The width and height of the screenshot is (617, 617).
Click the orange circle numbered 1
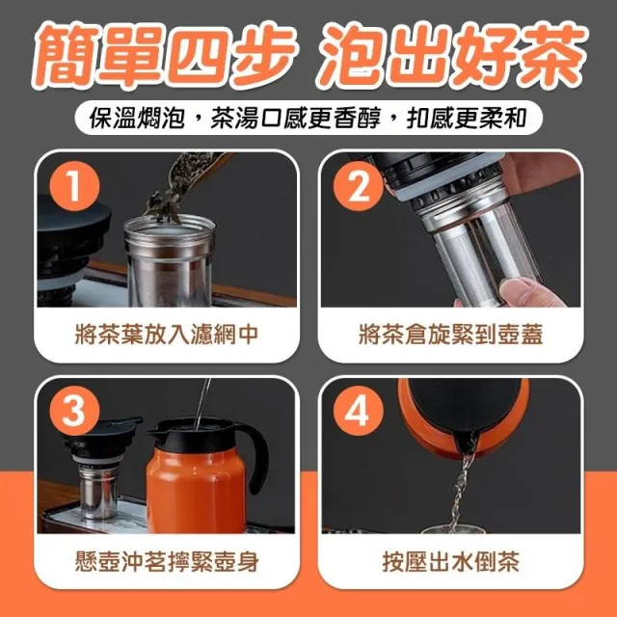click(75, 186)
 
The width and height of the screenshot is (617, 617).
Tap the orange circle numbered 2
click(359, 186)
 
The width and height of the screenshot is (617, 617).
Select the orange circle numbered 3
click(75, 411)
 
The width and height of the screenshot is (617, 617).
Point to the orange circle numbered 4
click(359, 411)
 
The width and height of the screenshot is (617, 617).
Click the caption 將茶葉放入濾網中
click(167, 335)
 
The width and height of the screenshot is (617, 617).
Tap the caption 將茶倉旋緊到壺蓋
click(450, 335)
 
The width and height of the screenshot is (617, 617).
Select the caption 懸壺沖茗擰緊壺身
click(167, 561)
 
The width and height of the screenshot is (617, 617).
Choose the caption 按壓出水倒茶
click(450, 561)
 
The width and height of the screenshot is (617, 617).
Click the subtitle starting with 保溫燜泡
click(308, 118)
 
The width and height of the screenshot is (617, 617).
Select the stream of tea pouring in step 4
click(460, 492)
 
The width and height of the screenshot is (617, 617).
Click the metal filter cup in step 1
click(170, 261)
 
